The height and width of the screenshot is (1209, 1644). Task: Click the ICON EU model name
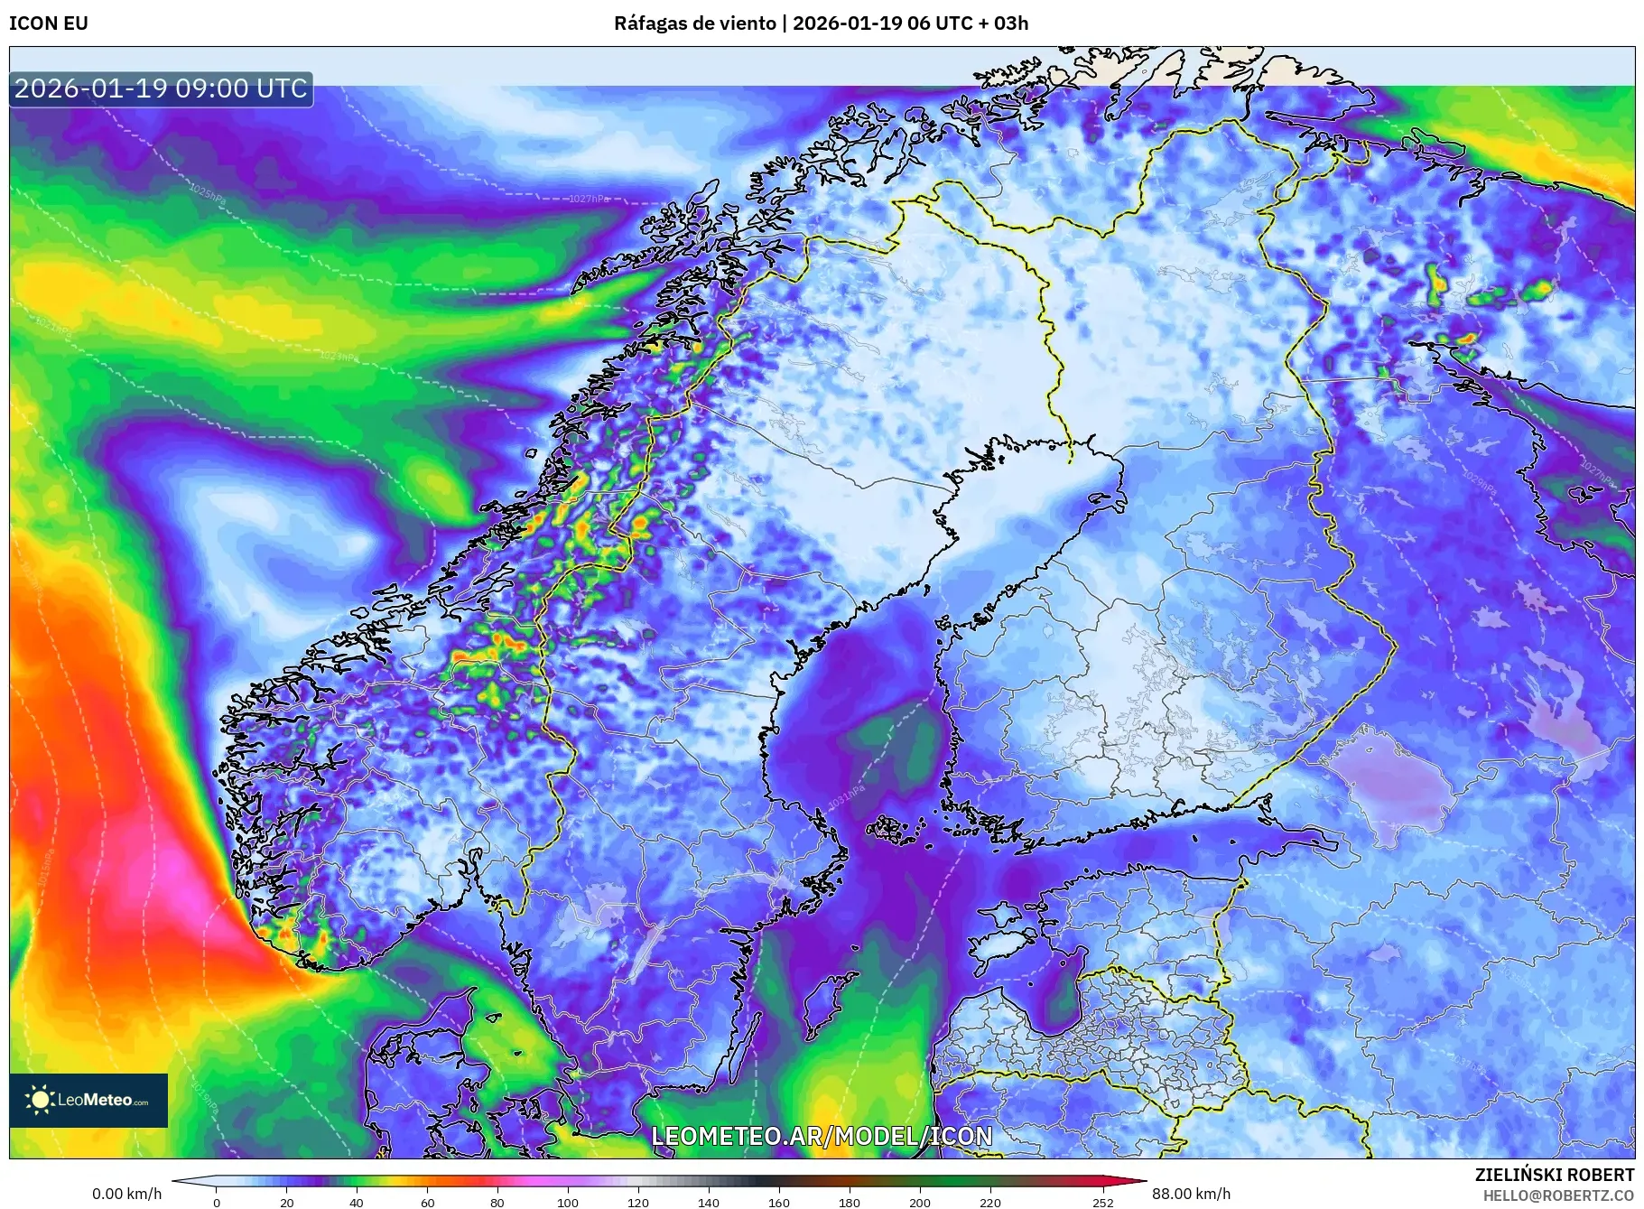click(49, 23)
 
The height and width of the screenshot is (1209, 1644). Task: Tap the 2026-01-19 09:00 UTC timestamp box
click(162, 88)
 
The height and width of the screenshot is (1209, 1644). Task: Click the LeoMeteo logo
click(88, 1100)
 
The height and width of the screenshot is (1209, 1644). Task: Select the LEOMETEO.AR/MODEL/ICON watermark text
click(822, 1136)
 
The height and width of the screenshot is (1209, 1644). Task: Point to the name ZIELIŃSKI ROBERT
click(1554, 1175)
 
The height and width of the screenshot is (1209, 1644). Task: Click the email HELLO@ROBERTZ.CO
click(1558, 1195)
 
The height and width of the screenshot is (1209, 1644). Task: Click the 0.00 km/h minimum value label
click(127, 1194)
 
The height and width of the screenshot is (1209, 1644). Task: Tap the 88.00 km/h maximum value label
click(1191, 1194)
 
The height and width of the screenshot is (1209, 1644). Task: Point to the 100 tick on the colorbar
click(568, 1202)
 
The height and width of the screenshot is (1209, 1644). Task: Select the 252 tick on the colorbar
click(1102, 1202)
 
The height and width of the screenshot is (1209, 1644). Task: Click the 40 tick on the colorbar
click(357, 1202)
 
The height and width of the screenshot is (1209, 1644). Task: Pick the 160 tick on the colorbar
click(779, 1202)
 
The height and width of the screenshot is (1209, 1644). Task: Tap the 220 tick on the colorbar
click(990, 1202)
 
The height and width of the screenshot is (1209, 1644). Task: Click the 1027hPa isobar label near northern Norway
click(588, 199)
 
